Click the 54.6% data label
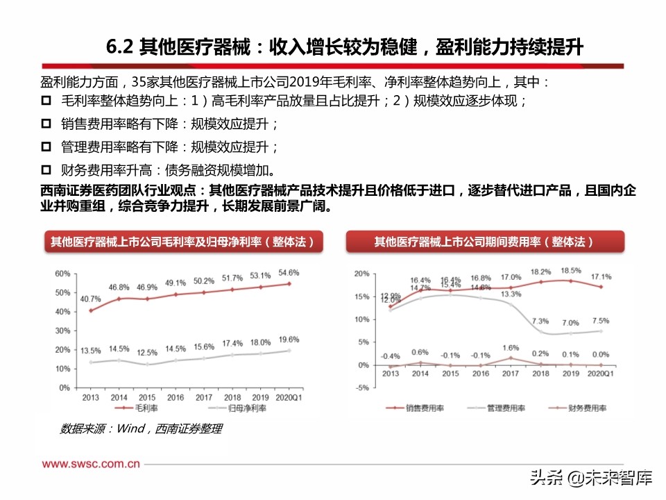pos(289,272)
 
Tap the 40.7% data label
pos(90,299)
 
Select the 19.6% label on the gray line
pos(289,340)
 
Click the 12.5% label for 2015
pos(146,353)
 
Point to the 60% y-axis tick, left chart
pos(63,273)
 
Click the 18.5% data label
pos(571,270)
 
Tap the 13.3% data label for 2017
pos(511,294)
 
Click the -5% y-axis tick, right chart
pos(361,388)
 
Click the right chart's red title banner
pos(484,242)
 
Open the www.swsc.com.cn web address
pos(90,463)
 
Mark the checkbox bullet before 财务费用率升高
pos(46,170)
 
